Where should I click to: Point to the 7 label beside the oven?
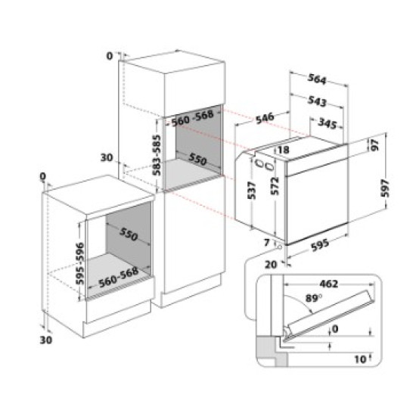point(268,241)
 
